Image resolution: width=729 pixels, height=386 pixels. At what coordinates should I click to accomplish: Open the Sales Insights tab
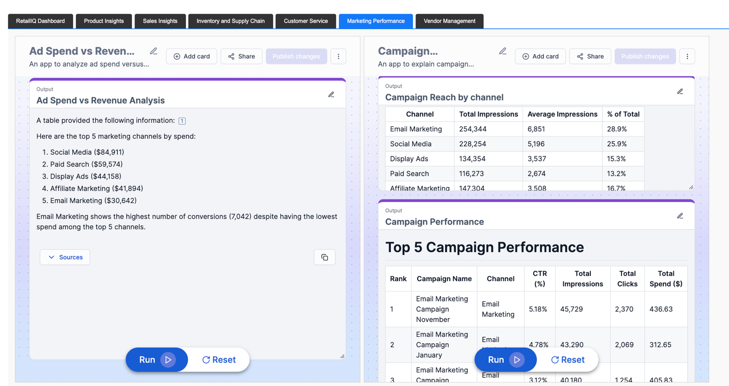160,21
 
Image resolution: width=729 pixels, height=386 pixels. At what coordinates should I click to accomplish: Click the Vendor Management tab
449,21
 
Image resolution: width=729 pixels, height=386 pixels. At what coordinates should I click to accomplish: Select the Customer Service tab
305,21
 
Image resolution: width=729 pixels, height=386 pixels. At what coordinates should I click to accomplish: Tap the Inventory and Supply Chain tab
230,21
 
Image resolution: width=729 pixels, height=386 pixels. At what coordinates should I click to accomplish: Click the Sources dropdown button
65,257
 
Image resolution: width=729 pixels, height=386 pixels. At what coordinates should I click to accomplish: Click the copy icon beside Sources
325,257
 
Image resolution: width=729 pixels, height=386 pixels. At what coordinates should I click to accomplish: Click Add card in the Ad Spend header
192,57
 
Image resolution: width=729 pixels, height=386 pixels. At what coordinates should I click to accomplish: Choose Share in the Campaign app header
590,57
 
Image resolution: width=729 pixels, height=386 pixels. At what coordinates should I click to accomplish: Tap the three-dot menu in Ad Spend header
339,57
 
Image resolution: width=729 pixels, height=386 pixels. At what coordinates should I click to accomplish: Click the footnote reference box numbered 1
182,121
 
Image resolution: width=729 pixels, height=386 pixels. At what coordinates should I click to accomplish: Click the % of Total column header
623,114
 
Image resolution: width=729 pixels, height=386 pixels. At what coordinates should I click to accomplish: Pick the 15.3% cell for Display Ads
616,159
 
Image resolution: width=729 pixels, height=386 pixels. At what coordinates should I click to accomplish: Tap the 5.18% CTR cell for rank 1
538,309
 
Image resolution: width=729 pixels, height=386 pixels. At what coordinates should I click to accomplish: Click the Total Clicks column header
627,279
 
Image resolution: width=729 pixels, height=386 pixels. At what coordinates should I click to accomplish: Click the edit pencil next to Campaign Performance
680,216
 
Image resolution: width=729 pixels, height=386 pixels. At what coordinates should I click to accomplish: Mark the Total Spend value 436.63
661,309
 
